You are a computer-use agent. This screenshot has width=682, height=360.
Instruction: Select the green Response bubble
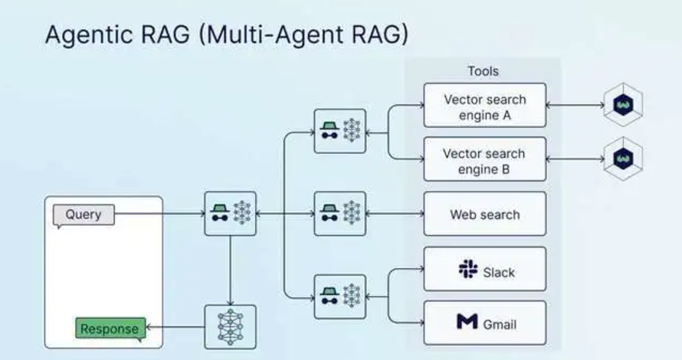[110, 329]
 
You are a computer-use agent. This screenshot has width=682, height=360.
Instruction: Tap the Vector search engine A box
[484, 106]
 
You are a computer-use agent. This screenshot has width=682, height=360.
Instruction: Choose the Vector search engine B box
[484, 160]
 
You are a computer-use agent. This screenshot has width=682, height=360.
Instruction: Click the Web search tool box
[484, 214]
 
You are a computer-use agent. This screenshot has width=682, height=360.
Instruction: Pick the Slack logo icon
[467, 270]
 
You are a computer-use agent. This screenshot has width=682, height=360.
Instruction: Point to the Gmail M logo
[467, 323]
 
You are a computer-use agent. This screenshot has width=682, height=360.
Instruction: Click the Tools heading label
[483, 71]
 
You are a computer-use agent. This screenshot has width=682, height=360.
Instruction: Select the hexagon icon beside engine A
[622, 105]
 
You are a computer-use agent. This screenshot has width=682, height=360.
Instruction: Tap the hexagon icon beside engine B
[622, 159]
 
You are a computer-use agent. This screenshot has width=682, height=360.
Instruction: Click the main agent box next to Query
[230, 213]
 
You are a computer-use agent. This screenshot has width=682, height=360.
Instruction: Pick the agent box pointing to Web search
[339, 213]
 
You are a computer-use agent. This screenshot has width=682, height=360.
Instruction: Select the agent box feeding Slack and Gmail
[339, 296]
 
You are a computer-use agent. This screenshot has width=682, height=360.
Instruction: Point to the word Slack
[499, 271]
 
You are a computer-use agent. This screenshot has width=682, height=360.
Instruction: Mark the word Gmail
[499, 324]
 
